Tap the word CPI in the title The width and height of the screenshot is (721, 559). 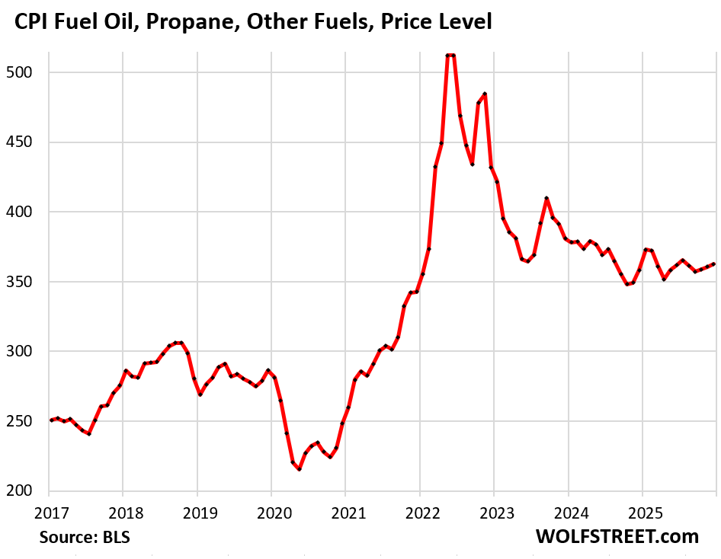[33, 23]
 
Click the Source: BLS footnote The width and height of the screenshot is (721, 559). [85, 537]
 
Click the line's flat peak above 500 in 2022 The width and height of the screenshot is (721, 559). [450, 55]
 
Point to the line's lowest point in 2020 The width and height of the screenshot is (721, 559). [300, 469]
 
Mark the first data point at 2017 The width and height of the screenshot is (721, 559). [52, 420]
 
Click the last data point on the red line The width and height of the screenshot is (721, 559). [713, 264]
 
